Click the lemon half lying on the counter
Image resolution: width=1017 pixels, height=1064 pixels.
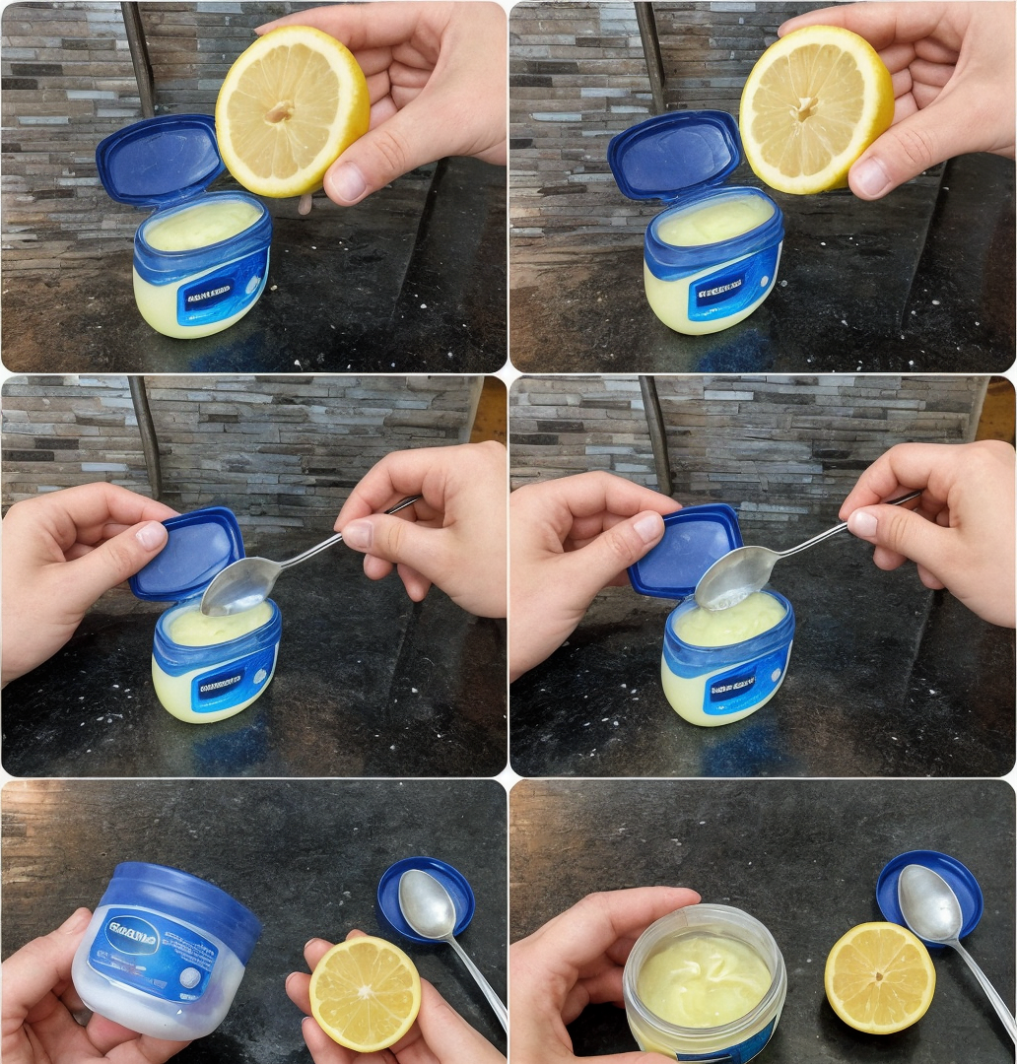point(879,978)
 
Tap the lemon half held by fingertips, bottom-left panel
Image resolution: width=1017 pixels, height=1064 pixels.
point(365,992)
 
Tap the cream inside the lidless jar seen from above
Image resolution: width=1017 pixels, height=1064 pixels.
point(702,978)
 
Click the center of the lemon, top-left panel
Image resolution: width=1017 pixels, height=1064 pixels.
point(281,110)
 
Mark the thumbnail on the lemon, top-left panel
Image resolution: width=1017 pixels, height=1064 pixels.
point(346,180)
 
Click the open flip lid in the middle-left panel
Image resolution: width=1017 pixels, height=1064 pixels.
point(187,555)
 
